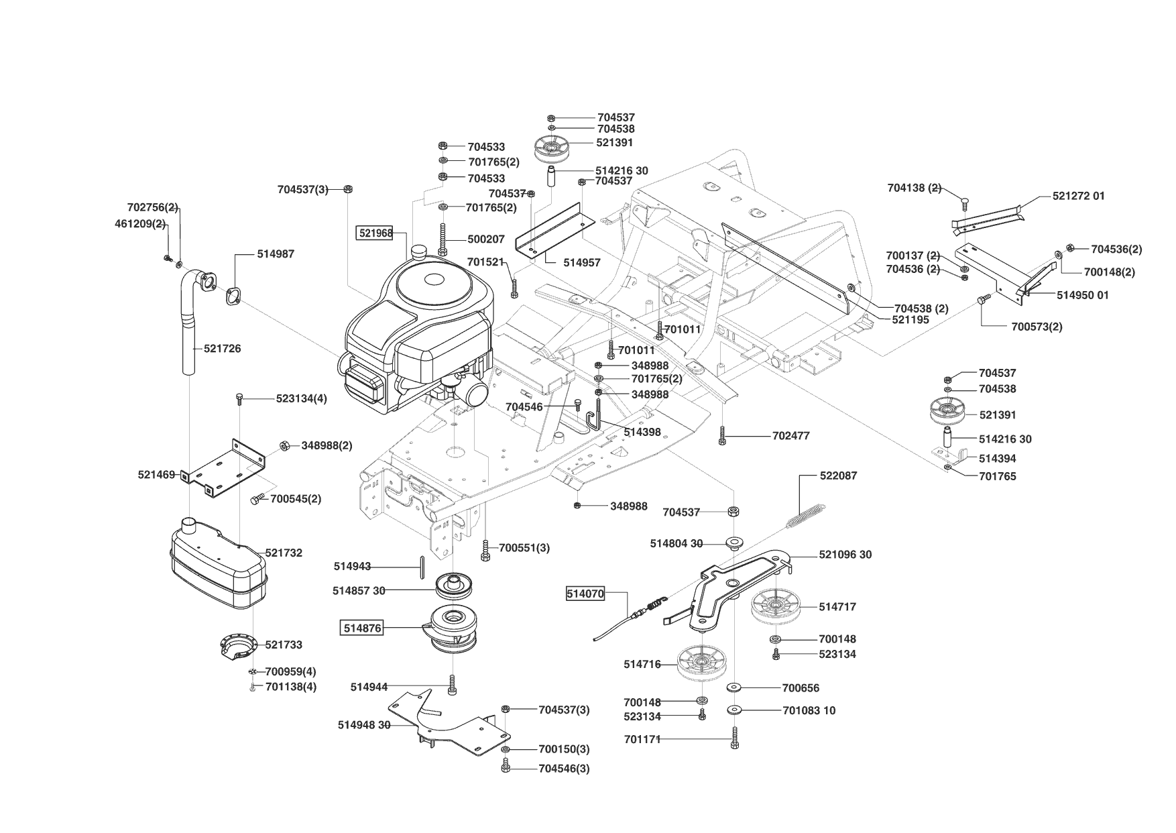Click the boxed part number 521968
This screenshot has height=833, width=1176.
coord(374,233)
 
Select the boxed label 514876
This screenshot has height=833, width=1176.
coord(362,628)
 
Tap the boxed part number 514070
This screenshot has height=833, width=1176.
coord(585,593)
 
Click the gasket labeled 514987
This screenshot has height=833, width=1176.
coord(233,296)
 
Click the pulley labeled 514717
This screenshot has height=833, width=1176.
coord(774,607)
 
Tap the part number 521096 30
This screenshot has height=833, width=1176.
coord(845,555)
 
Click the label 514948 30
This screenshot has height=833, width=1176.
coord(363,725)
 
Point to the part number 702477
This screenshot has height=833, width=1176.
coord(790,435)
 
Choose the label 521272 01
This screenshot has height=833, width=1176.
coord(1078,196)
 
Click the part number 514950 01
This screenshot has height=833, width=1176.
coord(1082,295)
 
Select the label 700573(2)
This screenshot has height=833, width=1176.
coord(1037,327)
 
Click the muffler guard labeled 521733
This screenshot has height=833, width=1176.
coord(238,645)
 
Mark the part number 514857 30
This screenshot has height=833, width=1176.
coord(359,590)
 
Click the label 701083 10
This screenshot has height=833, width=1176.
coord(809,710)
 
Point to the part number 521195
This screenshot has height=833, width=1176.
coord(910,320)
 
